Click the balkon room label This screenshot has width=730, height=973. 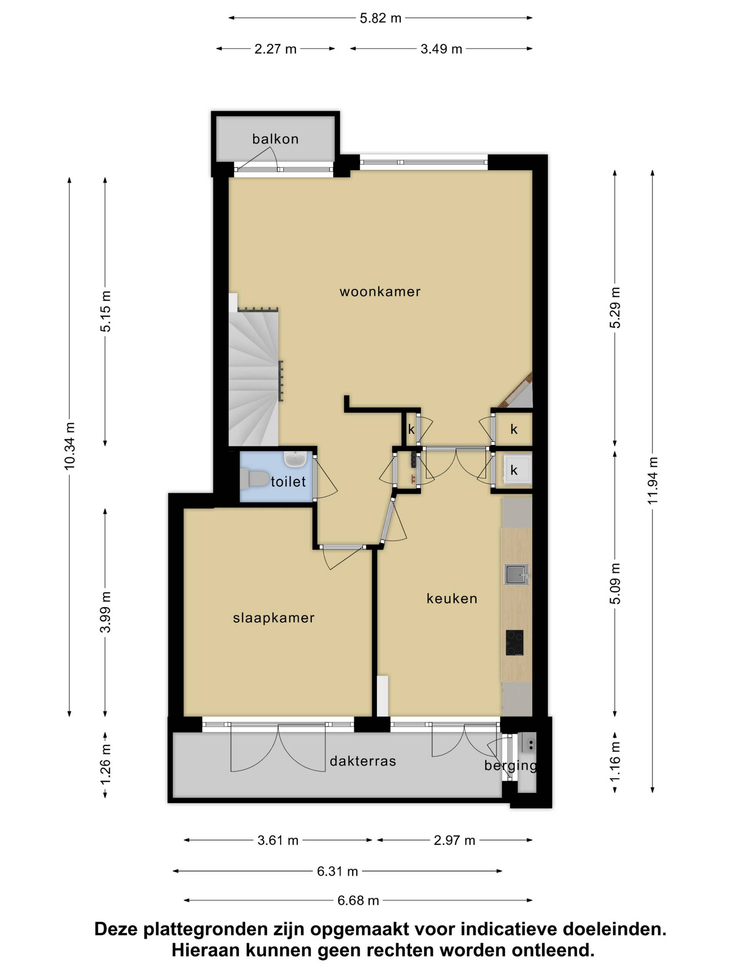[x=275, y=139]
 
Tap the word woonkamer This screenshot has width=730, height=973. [x=380, y=292]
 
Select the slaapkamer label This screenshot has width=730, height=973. [x=273, y=618]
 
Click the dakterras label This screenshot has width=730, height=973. [x=363, y=761]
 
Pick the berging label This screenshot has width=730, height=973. [x=510, y=766]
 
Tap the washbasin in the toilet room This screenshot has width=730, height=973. [x=295, y=459]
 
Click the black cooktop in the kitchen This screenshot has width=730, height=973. [x=514, y=643]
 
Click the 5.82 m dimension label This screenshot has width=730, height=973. [x=380, y=18]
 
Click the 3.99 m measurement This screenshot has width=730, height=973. [x=105, y=612]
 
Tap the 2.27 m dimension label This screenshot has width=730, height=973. [x=275, y=49]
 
